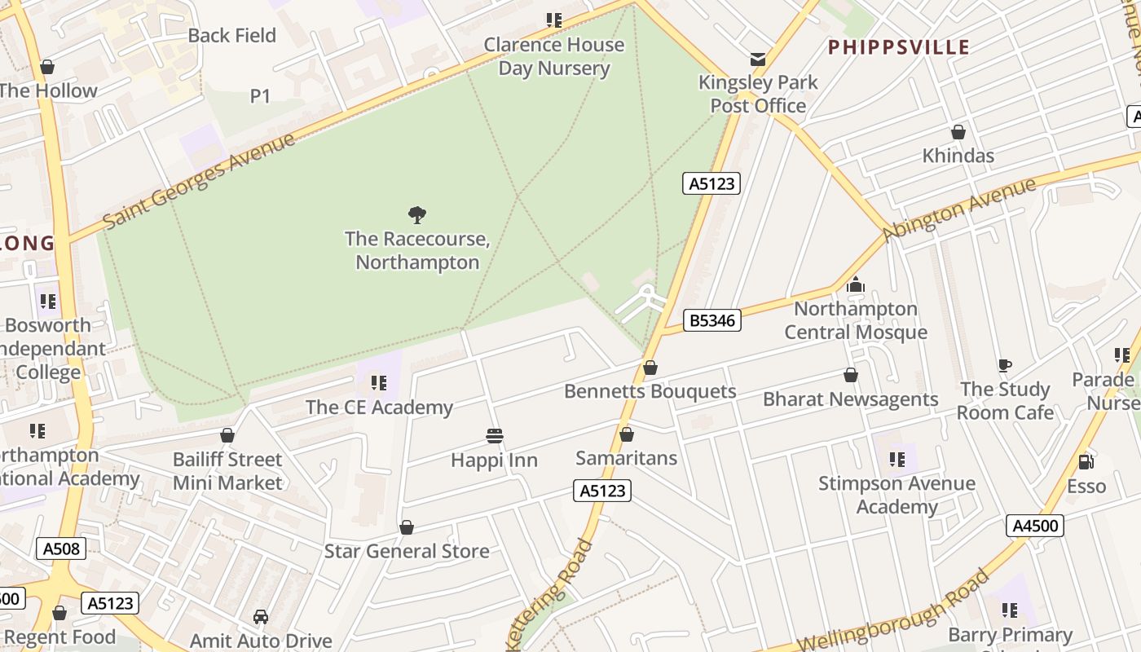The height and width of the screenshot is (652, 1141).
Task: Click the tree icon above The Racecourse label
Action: (x=417, y=215)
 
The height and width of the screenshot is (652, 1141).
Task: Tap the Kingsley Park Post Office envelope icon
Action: (x=758, y=59)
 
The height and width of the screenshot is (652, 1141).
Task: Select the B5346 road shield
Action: (x=712, y=320)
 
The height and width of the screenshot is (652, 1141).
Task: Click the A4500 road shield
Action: (x=1035, y=526)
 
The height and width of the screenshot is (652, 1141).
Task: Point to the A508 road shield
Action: (x=61, y=548)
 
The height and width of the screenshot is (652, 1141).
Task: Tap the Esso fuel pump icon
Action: (x=1086, y=462)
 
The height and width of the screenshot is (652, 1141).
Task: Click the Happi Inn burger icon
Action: (x=494, y=436)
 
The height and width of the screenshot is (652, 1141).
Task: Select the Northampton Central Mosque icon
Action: (x=856, y=284)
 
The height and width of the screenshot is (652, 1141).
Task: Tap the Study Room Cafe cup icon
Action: (x=1004, y=365)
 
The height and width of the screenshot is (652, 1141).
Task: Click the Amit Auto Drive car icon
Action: (x=261, y=617)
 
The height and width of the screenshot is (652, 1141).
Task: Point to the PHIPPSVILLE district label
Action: (x=899, y=47)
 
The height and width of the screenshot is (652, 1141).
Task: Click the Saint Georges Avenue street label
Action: (x=199, y=182)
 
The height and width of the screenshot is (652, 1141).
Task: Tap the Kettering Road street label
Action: (x=550, y=593)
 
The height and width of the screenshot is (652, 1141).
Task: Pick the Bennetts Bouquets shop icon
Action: (x=650, y=368)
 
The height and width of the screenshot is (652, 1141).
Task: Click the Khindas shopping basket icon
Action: (x=958, y=132)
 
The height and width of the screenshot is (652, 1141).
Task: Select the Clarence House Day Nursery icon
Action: (x=554, y=20)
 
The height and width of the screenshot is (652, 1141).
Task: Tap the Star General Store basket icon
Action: (x=407, y=528)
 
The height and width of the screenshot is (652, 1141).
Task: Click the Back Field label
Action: (x=232, y=35)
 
